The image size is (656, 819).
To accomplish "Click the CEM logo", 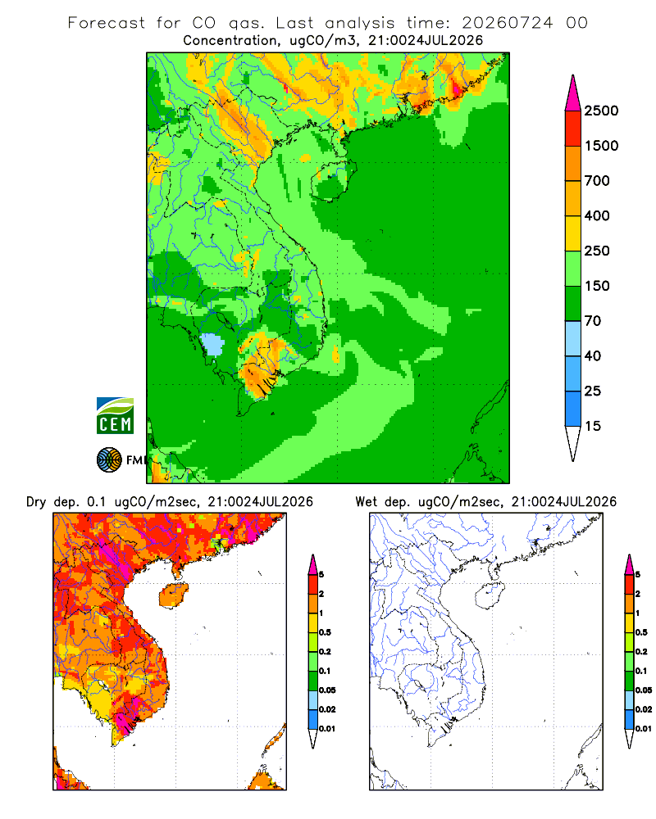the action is coord(115,416).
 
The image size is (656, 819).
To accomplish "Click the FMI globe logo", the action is coord(109,460).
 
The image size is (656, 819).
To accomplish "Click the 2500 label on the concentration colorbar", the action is coord(601,111).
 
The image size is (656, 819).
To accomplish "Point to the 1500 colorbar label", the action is coord(601,146).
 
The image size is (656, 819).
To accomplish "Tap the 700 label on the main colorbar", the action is coord(597,181).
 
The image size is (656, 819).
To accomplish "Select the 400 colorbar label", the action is coord(597,215).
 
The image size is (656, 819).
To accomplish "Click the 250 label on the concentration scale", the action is coord(597,251).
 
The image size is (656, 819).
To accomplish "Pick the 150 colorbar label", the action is coord(597,286).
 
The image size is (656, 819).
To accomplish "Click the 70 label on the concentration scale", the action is coord(593,321).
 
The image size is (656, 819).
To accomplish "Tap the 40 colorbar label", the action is coord(593,355).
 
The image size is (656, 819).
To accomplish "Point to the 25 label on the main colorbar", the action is coord(593,391).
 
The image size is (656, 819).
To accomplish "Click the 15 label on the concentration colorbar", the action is coord(593,426).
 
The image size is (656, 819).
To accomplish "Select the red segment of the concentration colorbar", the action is coord(573,129).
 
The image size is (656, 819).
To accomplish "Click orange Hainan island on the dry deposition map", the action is coord(174,596).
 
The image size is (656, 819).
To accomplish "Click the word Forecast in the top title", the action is coord(107,23).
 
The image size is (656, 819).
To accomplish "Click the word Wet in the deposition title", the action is coord(367,502).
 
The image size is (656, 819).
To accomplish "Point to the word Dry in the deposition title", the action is coord(37,503).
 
